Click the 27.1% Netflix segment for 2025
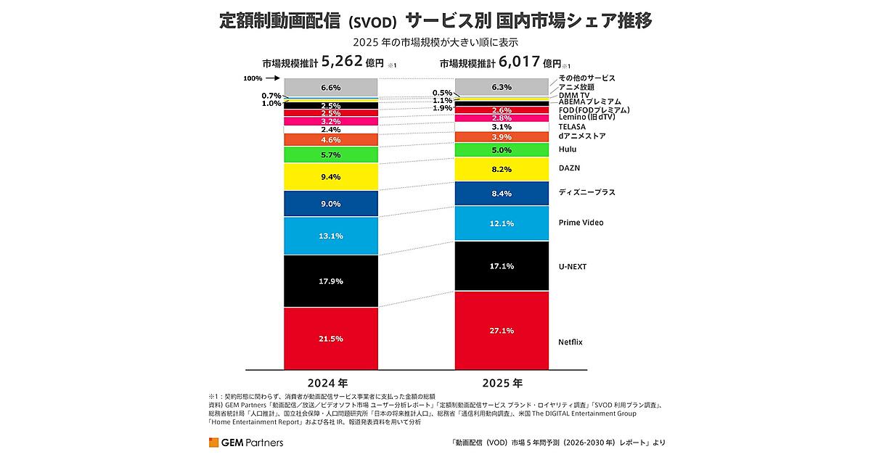point(502,331)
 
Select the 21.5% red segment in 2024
point(331,339)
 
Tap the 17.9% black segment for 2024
point(331,281)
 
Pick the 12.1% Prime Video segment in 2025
point(502,223)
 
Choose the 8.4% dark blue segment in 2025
point(502,194)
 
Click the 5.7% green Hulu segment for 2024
point(331,155)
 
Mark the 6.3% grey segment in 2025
point(502,87)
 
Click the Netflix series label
point(571,342)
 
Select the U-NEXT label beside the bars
point(573,267)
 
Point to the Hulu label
point(568,149)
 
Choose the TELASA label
point(572,127)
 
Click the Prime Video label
point(581,223)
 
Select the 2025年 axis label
point(502,383)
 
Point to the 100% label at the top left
point(253,78)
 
